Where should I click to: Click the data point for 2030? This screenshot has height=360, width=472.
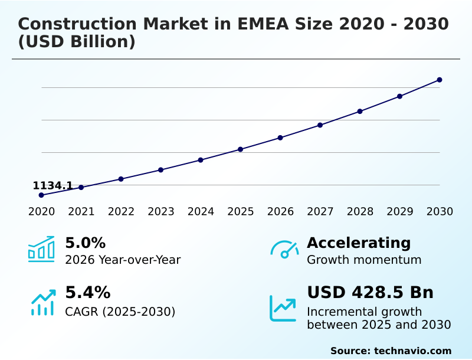click(440, 80)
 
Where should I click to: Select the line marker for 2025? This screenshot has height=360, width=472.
click(240, 149)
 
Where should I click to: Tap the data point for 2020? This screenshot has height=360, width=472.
click(41, 195)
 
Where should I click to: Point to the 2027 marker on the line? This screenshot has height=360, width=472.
click(320, 125)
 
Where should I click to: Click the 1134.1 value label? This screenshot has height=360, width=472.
click(53, 186)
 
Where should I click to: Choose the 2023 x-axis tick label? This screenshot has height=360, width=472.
click(161, 212)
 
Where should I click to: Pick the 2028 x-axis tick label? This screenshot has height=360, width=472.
click(360, 212)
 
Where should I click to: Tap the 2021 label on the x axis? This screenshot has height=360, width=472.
click(81, 212)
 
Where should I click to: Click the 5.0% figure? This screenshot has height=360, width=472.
click(85, 243)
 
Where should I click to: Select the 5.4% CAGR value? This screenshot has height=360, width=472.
click(87, 293)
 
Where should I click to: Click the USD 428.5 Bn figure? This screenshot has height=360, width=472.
click(370, 293)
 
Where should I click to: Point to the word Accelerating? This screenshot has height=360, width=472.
click(359, 243)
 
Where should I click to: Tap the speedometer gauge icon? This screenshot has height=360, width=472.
click(284, 250)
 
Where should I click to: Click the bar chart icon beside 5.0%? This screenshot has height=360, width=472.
click(41, 250)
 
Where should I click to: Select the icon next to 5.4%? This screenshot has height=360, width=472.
click(42, 302)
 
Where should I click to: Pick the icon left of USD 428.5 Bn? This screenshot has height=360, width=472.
click(283, 308)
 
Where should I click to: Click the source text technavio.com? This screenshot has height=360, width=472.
click(412, 351)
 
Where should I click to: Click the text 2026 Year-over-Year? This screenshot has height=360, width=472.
click(123, 260)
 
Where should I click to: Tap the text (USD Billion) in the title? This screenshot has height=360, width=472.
click(77, 42)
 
